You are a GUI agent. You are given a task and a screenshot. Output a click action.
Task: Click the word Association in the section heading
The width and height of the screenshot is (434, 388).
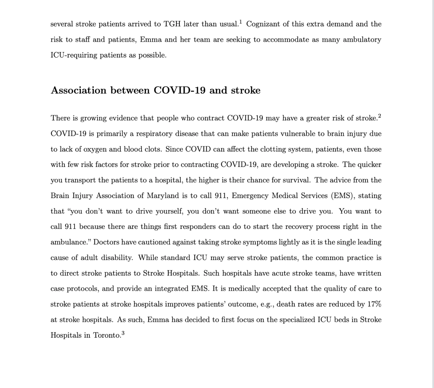79,91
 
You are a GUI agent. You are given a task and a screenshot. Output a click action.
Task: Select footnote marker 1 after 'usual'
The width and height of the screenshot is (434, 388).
241,22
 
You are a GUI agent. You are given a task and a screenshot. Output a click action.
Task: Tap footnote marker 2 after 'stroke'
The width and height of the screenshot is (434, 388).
380,116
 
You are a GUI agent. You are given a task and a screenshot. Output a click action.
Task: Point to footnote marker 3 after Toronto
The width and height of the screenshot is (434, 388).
123,333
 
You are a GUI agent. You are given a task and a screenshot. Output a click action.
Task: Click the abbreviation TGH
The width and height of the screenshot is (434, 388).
172,24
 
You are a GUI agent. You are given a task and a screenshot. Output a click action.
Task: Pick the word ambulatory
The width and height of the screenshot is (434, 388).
362,40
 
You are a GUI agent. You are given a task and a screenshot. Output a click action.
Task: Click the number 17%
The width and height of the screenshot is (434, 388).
374,304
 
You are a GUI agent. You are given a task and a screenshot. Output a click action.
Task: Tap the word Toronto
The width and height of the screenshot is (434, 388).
107,335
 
